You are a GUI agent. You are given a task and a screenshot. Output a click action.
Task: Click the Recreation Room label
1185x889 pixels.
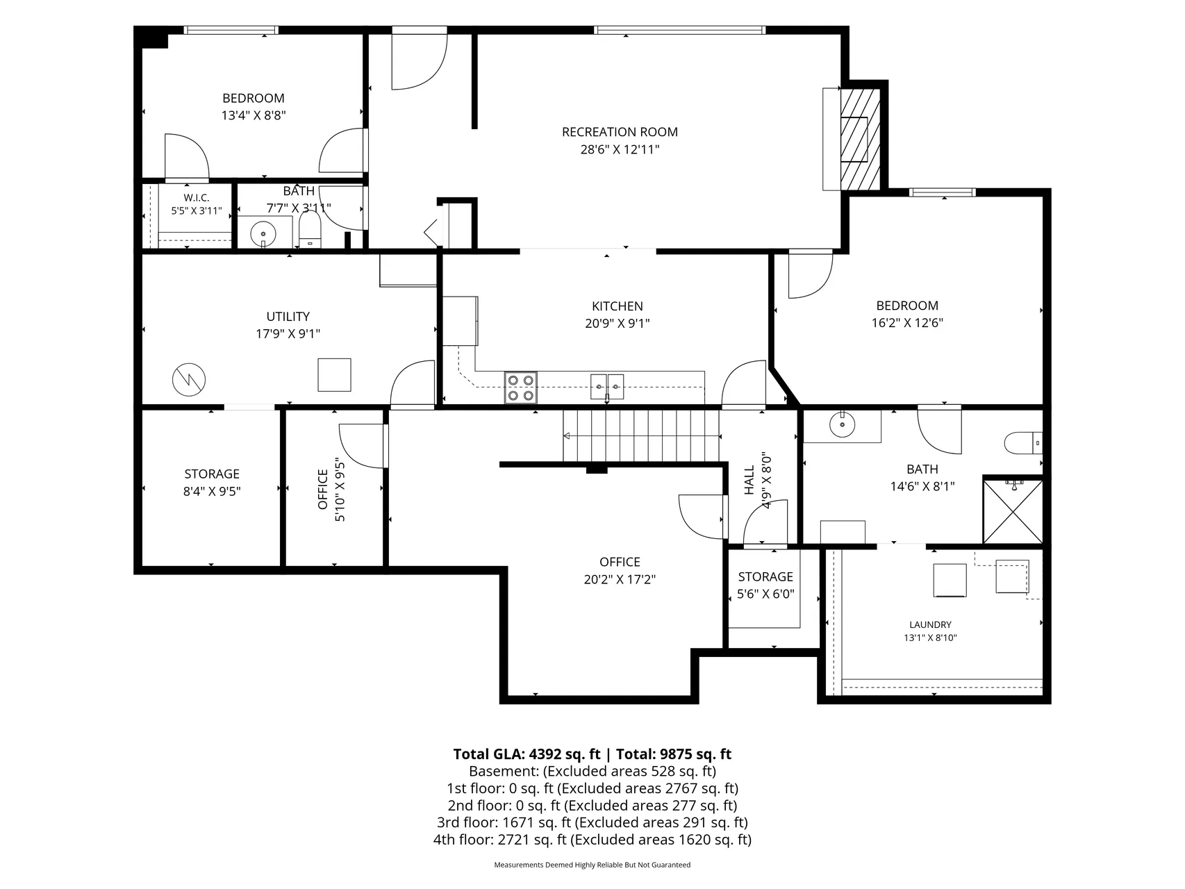620,132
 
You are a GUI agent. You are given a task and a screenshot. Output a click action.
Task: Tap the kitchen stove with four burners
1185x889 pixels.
521,388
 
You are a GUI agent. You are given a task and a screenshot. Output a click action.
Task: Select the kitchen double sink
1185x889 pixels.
607,386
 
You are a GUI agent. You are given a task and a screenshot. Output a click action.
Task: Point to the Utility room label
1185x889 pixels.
288,317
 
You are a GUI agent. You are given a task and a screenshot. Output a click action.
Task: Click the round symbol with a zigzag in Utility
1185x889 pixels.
189,379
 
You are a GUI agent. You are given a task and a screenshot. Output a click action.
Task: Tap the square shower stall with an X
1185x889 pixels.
1013,510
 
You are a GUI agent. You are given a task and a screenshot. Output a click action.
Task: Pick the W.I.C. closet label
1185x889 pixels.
197,198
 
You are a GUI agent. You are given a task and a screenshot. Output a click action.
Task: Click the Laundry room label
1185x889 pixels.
931,625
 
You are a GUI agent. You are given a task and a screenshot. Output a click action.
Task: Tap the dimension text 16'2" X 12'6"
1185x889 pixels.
907,323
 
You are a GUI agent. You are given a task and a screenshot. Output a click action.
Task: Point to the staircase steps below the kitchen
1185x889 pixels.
641,435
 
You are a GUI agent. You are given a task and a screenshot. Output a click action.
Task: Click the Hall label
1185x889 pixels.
749,480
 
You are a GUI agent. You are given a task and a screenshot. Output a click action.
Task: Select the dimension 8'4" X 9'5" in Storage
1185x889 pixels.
212,491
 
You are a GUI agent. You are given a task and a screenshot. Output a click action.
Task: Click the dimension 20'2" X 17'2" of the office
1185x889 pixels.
620,579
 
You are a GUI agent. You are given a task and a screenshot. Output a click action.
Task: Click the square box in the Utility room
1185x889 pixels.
334,375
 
